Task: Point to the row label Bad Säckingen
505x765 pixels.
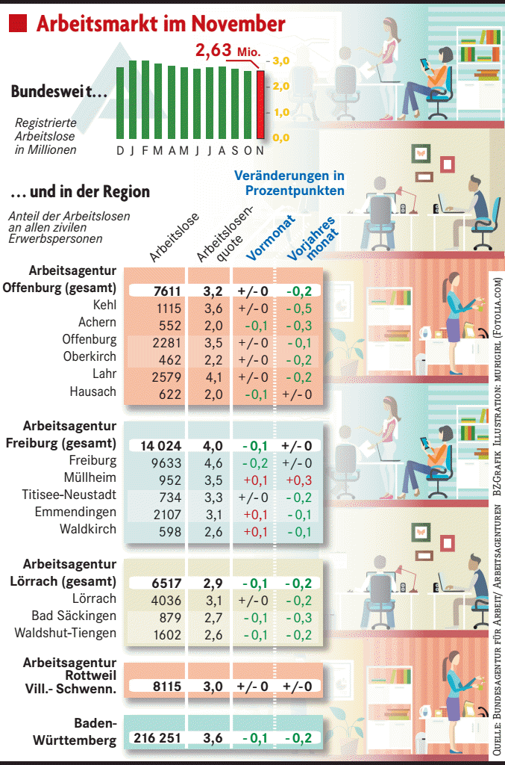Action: click(x=74, y=616)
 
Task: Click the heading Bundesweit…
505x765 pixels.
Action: click(x=58, y=92)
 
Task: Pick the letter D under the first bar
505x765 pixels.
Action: click(x=120, y=150)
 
